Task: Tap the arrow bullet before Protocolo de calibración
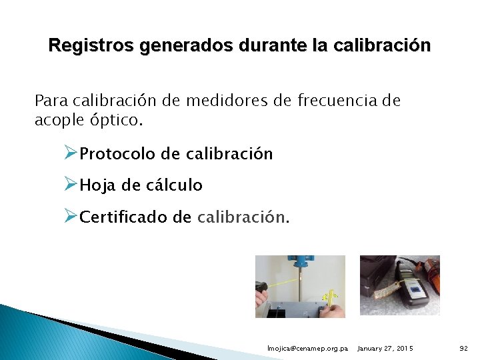tap(71, 153)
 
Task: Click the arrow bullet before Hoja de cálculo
tap(71, 185)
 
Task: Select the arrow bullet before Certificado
tap(71, 216)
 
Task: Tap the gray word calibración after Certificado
tap(241, 217)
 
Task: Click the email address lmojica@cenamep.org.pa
tap(307, 349)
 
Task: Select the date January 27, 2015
tap(385, 349)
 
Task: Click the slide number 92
tap(464, 349)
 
